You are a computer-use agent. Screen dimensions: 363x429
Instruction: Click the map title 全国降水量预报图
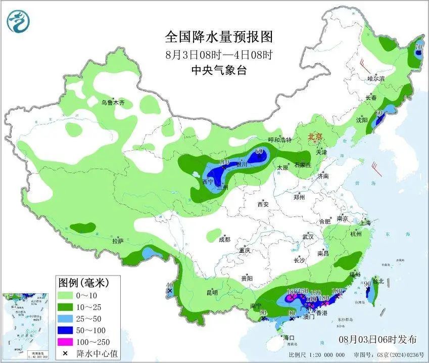(218, 37)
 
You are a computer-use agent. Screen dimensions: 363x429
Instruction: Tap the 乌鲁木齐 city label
(113, 103)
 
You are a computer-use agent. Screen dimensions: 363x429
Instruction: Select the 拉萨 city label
(118, 241)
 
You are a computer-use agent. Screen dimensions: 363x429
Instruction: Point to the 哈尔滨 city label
(376, 79)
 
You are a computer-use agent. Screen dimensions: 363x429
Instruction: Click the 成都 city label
(224, 239)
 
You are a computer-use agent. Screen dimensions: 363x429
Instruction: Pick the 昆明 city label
(212, 292)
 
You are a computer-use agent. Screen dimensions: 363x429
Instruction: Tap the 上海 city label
(365, 223)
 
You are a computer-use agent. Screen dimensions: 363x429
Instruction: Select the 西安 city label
(263, 205)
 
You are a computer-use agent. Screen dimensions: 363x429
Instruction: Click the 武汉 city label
(308, 237)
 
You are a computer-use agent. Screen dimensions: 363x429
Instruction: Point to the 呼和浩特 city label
(279, 140)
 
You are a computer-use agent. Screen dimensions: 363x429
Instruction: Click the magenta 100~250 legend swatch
(65, 342)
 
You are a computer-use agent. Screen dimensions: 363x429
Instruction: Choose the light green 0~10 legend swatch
(65, 295)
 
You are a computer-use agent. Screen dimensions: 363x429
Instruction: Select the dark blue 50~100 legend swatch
(65, 330)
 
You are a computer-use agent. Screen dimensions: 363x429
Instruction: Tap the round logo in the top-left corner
(19, 21)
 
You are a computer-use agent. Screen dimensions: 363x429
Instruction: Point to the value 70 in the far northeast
(418, 48)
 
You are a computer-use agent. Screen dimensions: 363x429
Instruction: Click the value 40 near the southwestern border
(170, 285)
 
